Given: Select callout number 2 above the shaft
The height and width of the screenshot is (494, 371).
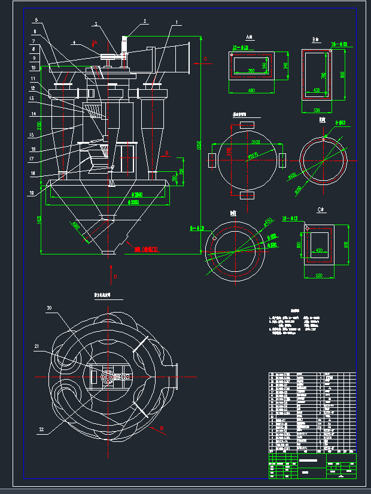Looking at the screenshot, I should (x=144, y=21).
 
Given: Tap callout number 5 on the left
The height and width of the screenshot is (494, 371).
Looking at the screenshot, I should (x=35, y=20).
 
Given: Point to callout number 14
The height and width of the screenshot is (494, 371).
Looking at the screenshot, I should (x=35, y=114).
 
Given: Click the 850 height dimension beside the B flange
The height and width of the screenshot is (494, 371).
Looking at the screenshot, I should (x=342, y=75).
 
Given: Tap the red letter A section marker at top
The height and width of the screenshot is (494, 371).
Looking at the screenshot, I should (x=94, y=43).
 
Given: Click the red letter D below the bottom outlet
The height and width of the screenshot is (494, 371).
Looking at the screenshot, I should (x=115, y=277).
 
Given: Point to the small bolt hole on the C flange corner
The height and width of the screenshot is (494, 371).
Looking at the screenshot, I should (x=306, y=228).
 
